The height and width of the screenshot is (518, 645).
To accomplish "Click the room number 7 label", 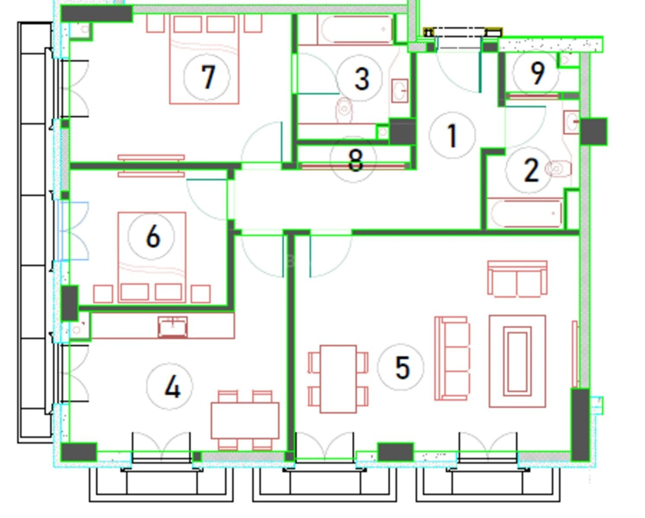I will point(207,77).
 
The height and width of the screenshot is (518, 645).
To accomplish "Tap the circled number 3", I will point(361,79).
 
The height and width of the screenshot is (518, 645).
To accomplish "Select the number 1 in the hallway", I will point(452,136).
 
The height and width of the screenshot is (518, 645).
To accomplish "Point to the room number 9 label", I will point(537,73).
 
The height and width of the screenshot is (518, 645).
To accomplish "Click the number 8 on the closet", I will point(355,160).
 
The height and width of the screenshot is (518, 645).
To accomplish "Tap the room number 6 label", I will point(153,237).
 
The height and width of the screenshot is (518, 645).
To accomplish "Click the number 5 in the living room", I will point(402,367).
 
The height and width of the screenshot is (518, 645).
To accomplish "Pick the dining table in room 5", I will point(338,379).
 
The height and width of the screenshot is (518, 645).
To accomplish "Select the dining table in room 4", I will point(245,420).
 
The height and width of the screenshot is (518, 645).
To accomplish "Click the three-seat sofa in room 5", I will point(452,358).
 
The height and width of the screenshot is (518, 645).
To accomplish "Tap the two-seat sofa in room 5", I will point(517,279).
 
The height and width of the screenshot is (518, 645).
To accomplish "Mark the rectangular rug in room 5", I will point(517,361).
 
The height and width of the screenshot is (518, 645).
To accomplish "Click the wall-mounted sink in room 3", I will point(400,91).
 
